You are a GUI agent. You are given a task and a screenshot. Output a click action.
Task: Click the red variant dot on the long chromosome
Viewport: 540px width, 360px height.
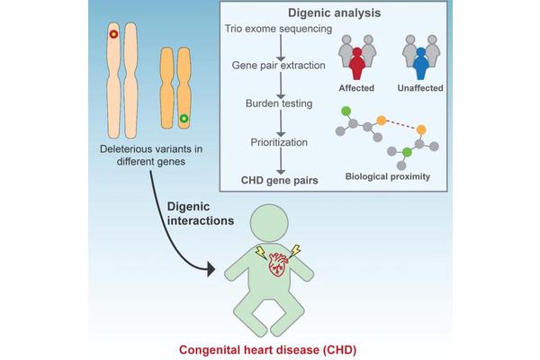113,35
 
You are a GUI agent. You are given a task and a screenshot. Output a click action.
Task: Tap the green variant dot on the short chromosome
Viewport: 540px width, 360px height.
184,118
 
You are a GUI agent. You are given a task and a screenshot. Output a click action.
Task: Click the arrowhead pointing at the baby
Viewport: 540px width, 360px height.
210,267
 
